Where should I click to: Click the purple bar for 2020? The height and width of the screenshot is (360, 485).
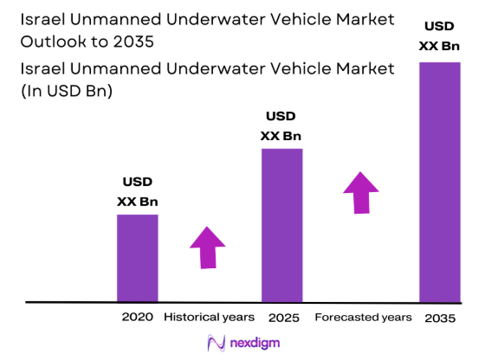(137, 258)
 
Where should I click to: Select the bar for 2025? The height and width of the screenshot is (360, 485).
(281, 225)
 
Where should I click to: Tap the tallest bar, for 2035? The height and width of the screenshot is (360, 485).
(439, 182)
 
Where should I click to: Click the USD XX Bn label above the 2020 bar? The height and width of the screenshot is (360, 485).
(137, 191)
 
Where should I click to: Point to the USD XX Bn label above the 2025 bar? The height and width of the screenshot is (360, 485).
(281, 125)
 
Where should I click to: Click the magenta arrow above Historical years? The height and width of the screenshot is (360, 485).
(207, 247)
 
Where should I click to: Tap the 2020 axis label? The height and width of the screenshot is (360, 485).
(137, 318)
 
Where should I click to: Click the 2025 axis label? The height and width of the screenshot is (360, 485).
(282, 318)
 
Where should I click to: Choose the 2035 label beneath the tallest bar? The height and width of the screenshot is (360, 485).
(440, 318)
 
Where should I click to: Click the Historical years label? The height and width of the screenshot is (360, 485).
(209, 318)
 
